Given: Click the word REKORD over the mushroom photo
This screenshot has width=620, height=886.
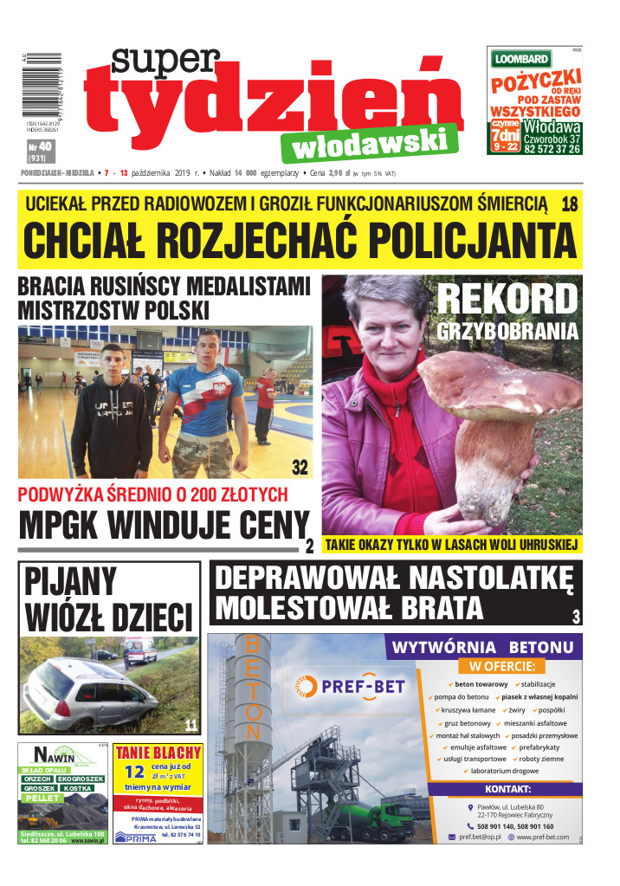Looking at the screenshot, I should click(507, 300).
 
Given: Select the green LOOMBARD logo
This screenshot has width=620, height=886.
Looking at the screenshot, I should click(521, 59).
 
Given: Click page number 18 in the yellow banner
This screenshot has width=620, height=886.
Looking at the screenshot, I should click(569, 204).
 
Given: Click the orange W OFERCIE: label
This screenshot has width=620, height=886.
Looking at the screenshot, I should click(502, 666).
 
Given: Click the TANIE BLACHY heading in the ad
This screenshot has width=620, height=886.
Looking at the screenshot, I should click(158, 752).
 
